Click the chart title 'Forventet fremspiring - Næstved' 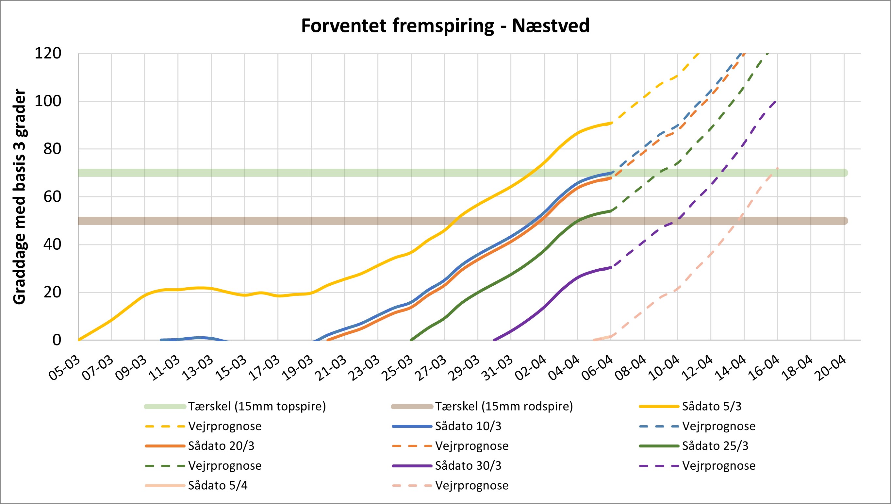tap(445, 26)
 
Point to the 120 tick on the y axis tap(48, 54)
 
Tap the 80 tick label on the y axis tap(52, 149)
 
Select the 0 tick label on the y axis tap(57, 340)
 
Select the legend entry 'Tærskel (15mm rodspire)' tap(503, 406)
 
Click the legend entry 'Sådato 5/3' tap(711, 406)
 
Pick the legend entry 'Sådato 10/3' tap(468, 426)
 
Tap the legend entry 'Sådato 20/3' tap(221, 446)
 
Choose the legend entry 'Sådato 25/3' tap(715, 446)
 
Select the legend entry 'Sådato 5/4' tap(218, 486)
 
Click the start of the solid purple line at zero tap(494, 340)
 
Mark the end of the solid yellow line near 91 tap(611, 123)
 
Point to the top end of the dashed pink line tap(778, 168)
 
